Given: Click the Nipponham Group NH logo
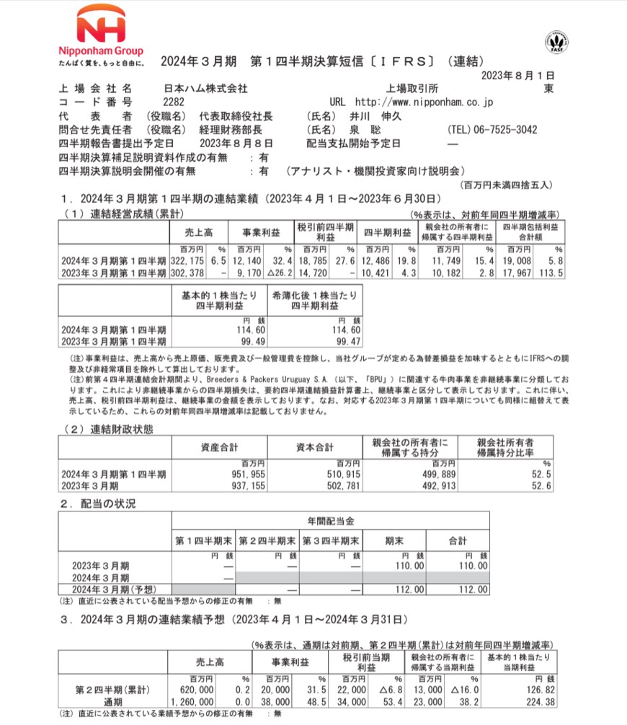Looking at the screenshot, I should click(x=101, y=27).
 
